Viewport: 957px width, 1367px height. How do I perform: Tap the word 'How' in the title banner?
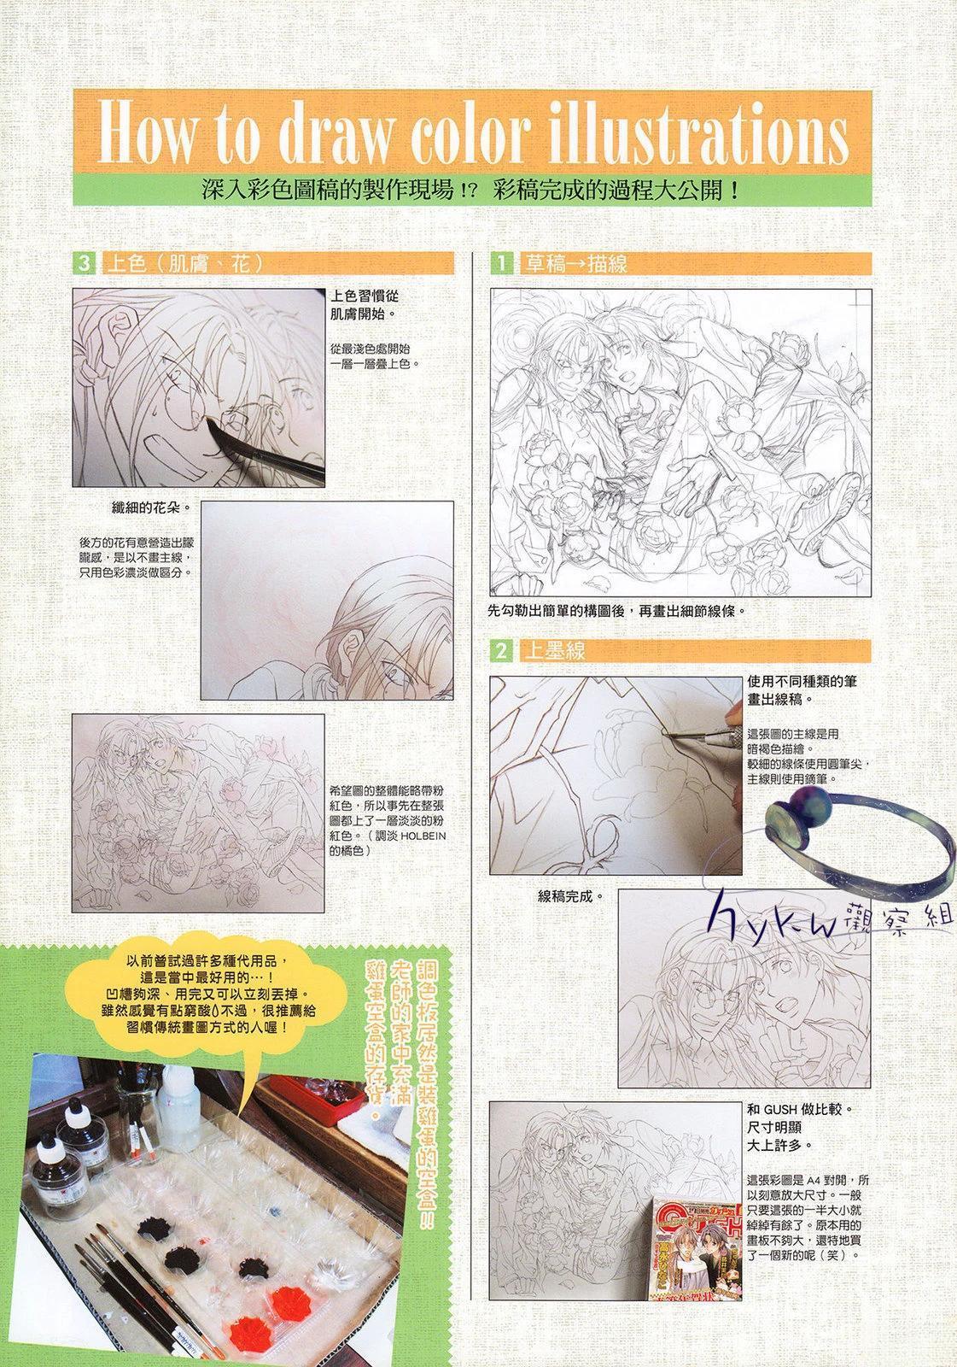point(146,133)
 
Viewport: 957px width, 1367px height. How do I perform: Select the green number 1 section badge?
point(501,264)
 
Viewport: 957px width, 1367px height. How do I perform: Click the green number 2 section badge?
point(501,651)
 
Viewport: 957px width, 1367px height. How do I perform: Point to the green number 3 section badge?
point(84,264)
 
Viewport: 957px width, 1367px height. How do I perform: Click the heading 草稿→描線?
point(576,264)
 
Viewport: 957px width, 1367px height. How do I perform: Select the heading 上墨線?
point(555,651)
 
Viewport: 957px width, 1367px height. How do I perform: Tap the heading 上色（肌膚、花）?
point(185,264)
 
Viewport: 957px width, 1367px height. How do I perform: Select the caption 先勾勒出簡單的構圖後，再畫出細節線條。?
point(616,610)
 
